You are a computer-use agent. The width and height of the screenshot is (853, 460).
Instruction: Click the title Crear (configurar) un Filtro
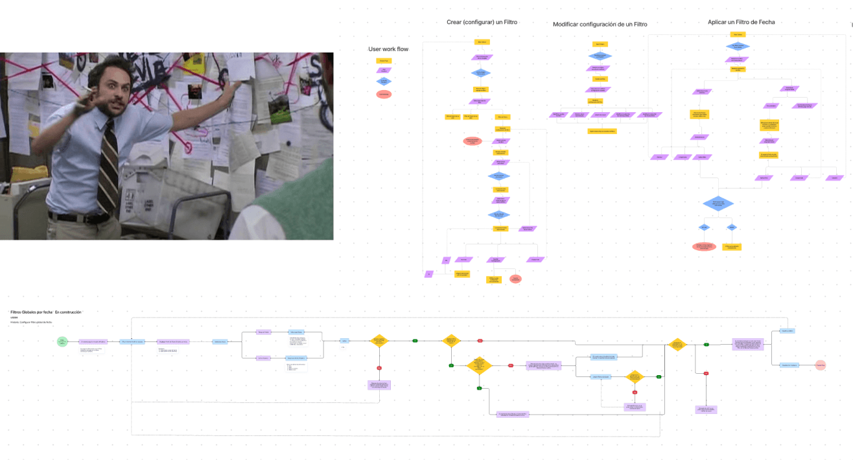pos(482,22)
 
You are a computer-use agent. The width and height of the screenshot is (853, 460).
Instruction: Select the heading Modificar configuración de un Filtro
pos(600,25)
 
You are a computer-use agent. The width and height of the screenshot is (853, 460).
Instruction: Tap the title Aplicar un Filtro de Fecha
pos(741,22)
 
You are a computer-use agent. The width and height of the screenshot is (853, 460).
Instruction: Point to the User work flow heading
pos(388,49)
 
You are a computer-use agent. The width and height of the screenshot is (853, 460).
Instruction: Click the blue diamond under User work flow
pos(384,82)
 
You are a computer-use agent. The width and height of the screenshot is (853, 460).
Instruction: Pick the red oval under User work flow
pos(384,95)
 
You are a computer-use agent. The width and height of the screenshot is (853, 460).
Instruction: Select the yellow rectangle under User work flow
pos(384,61)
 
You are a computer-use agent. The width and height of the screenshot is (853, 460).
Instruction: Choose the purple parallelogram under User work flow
pos(384,71)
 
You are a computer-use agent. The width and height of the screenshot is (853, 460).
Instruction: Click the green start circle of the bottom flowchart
pos(62,341)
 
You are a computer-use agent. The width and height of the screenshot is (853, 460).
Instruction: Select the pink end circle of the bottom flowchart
pos(821,365)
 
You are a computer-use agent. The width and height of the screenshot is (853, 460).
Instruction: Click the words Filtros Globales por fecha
pos(31,312)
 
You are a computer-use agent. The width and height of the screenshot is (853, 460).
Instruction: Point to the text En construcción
pos(68,312)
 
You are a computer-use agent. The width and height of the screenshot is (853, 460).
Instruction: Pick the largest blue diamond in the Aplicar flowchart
pos(718,204)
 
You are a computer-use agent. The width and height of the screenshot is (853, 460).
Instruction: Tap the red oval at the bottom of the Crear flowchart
pos(515,279)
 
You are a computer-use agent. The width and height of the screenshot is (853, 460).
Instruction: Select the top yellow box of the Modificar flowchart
pos(600,44)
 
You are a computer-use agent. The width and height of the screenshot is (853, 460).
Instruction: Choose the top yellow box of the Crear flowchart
pos(482,42)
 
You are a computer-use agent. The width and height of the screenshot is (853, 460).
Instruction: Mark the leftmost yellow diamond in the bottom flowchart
pos(379,341)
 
